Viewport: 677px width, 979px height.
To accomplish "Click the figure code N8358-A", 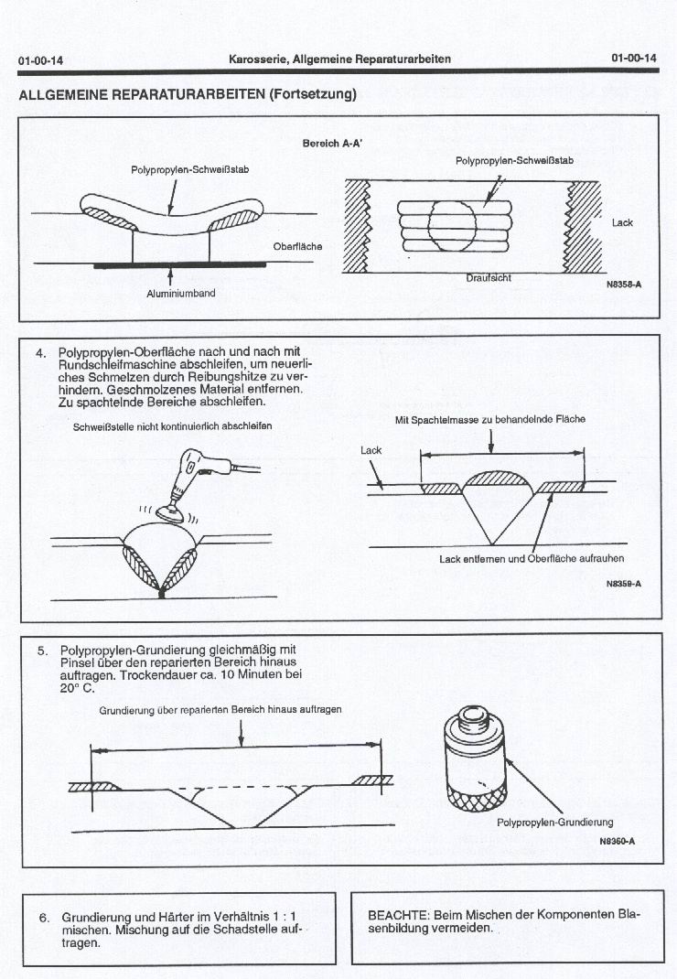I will tap(623, 285).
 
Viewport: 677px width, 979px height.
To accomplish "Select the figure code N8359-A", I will tap(623, 583).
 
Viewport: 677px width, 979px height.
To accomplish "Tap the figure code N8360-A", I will tap(618, 841).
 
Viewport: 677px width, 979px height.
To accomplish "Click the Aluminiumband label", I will tap(180, 294).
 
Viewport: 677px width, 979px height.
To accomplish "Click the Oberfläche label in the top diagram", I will tap(297, 247).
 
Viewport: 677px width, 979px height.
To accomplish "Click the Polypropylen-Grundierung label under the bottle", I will tap(554, 822).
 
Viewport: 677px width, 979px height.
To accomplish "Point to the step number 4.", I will tap(41, 352).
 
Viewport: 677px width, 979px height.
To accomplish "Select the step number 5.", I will tap(41, 651).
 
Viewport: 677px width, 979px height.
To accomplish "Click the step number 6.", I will tap(41, 917).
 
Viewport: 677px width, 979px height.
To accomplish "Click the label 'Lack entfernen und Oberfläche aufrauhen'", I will tap(531, 558).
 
